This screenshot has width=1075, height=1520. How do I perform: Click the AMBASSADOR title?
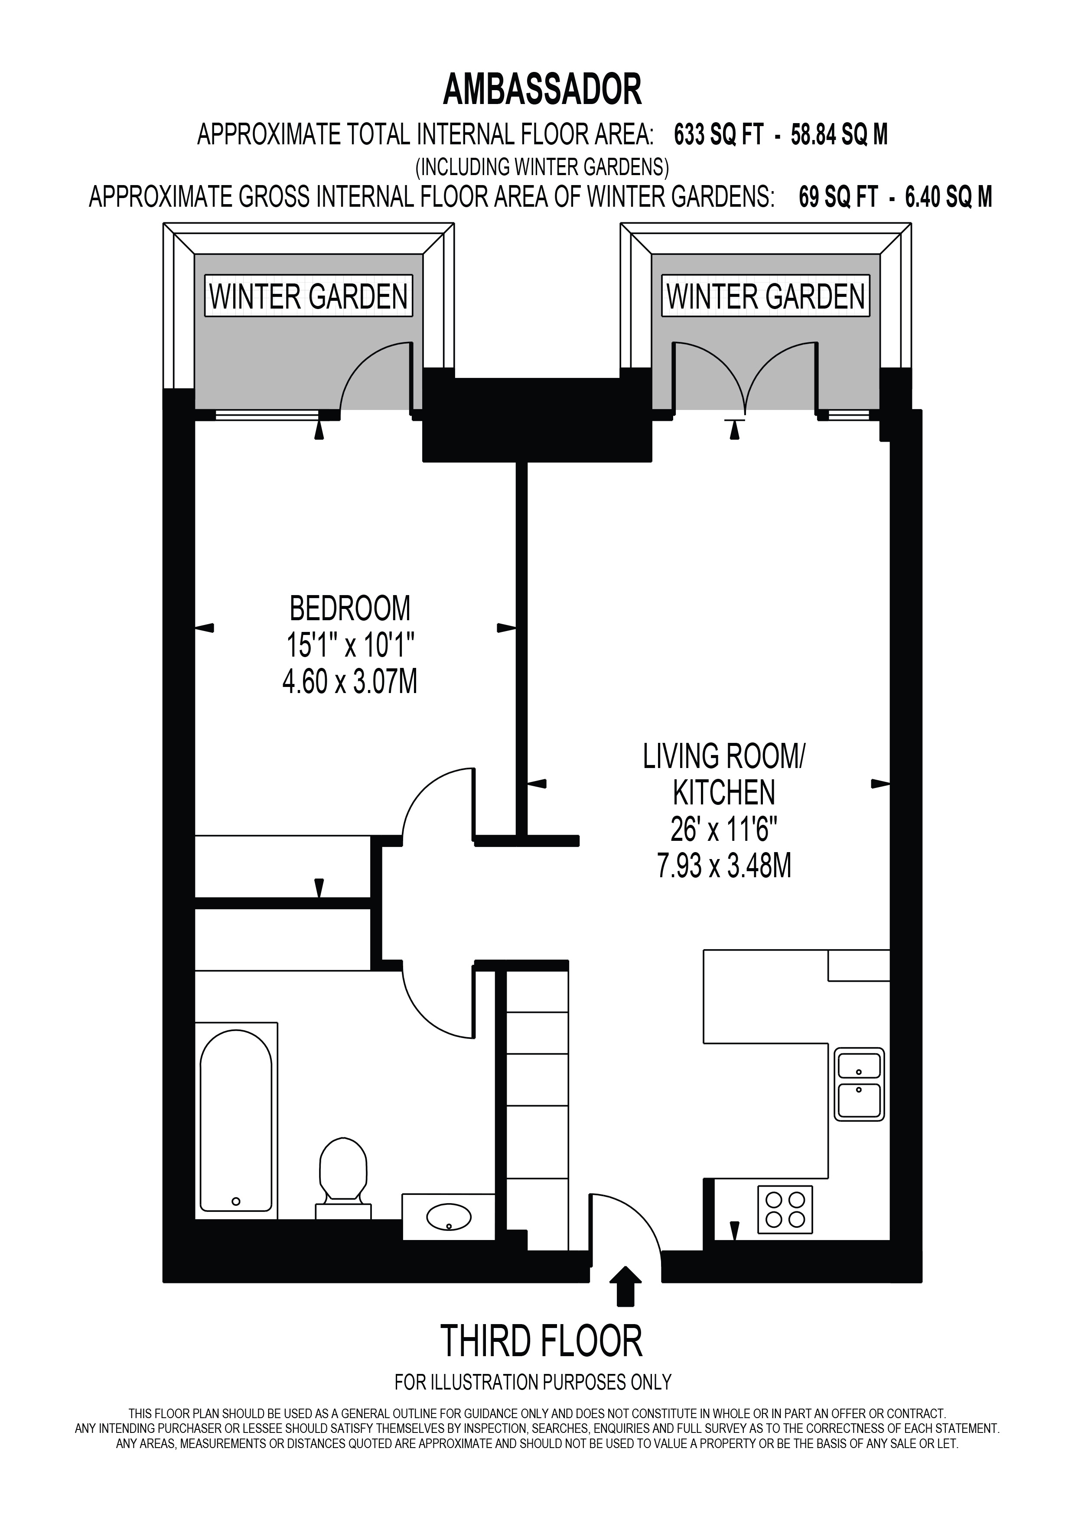click(x=542, y=90)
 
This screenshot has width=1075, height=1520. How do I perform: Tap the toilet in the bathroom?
click(x=343, y=1180)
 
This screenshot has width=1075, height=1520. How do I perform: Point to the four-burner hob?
click(x=785, y=1210)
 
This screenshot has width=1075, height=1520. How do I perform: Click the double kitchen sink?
click(x=859, y=1084)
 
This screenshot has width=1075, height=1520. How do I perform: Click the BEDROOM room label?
click(x=350, y=608)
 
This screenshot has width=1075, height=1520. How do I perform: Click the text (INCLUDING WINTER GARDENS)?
click(x=542, y=166)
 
